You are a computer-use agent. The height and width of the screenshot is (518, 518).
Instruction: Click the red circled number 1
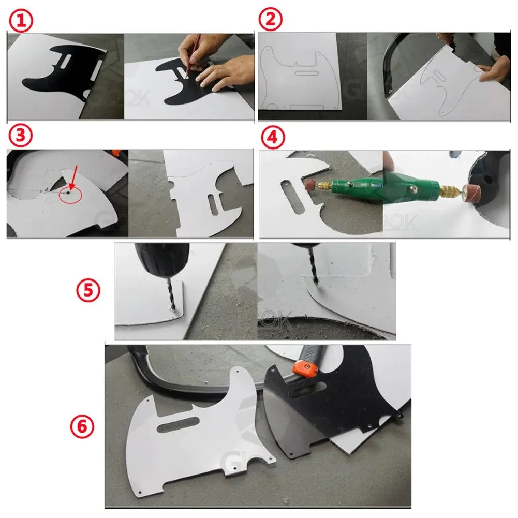click(21, 21)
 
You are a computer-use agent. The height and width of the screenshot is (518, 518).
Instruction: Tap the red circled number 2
click(271, 21)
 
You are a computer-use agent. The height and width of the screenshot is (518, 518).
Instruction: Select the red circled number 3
click(21, 136)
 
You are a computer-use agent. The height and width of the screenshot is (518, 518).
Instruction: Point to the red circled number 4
click(271, 138)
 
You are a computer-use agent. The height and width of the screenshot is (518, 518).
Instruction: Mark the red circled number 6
click(82, 427)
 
